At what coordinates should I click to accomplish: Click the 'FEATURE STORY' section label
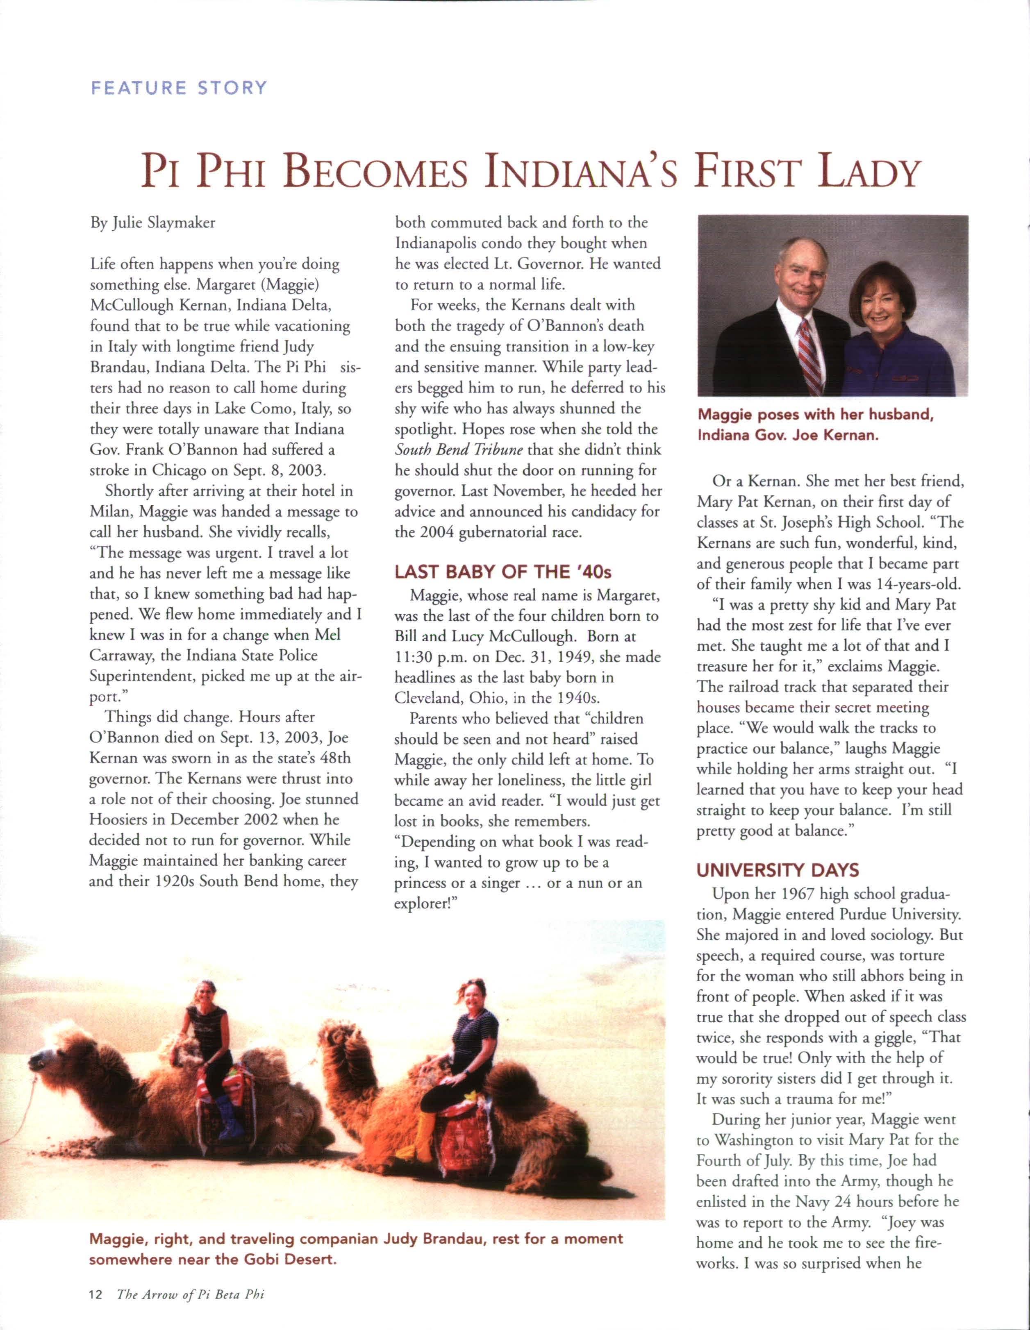pyautogui.click(x=178, y=88)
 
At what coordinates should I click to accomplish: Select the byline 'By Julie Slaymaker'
pyautogui.click(x=152, y=223)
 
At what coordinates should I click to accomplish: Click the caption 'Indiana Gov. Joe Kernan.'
pyautogui.click(x=788, y=436)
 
